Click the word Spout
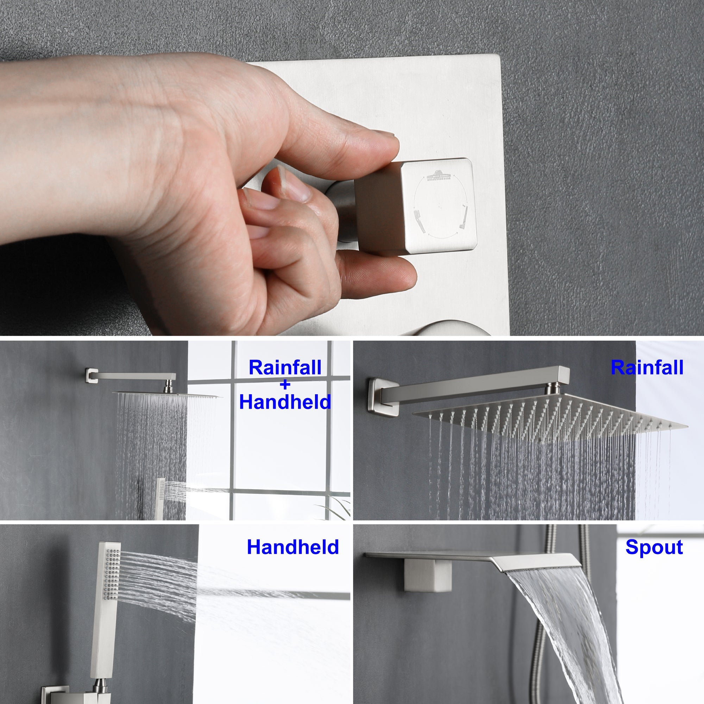click(654, 548)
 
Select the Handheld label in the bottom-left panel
click(293, 547)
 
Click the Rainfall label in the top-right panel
click(647, 368)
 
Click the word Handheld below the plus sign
click(285, 402)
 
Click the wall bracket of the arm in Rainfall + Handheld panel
click(89, 375)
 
